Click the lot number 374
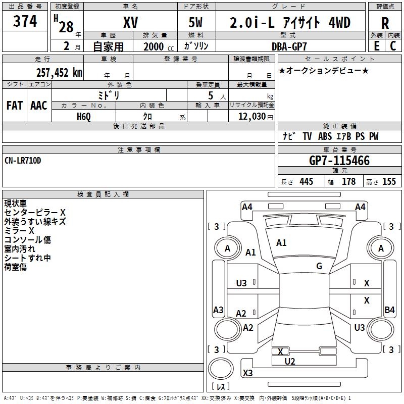25,21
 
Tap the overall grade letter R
385,23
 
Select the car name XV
131,22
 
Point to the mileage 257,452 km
59,73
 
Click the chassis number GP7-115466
339,161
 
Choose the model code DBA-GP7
289,46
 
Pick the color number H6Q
84,117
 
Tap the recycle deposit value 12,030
251,117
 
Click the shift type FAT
15,106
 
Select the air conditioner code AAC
39,106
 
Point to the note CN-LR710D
23,161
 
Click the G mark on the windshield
319,266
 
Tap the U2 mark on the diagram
290,362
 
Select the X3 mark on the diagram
247,373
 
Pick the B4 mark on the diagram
389,310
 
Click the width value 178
348,181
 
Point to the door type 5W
195,22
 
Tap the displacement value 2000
154,46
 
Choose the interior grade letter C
393,46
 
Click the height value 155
389,181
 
